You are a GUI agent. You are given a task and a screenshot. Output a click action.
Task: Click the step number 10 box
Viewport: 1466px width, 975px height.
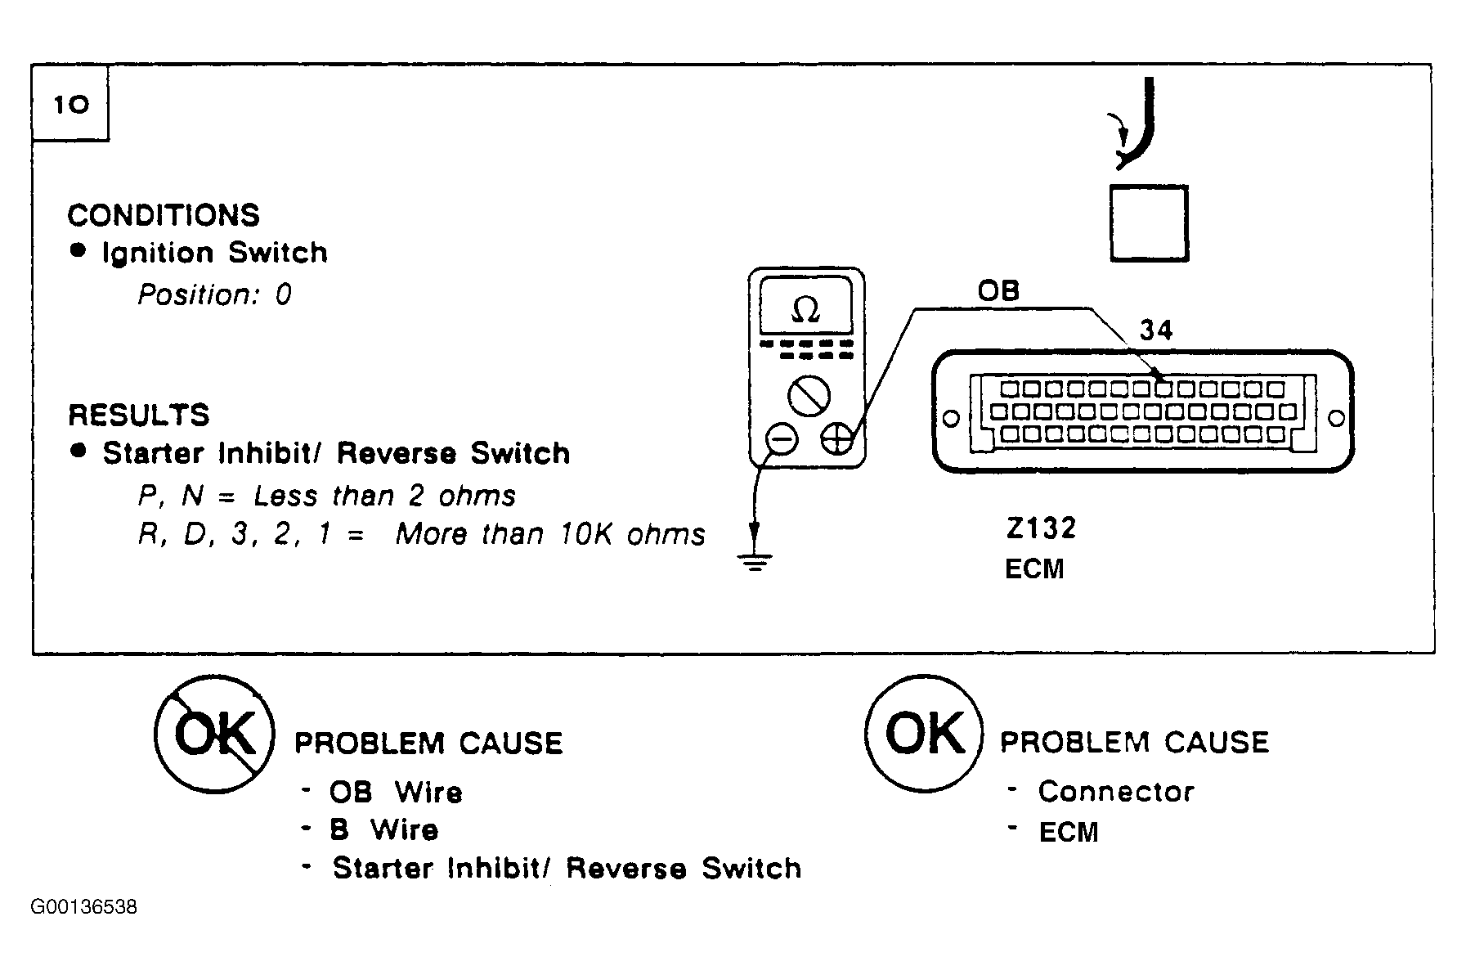pos(70,104)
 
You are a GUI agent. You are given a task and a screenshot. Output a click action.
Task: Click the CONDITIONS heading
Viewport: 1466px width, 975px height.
pos(164,215)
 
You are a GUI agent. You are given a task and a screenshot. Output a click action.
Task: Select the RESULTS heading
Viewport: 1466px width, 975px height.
pos(139,415)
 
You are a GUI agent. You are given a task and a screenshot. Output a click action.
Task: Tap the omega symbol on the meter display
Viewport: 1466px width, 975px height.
pos(806,310)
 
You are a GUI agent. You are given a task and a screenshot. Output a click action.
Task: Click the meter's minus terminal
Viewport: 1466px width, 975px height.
pos(781,440)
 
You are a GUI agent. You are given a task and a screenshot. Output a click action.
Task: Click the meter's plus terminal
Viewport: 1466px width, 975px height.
pos(836,440)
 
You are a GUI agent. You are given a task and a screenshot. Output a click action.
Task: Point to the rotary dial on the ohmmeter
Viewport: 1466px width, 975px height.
pos(809,398)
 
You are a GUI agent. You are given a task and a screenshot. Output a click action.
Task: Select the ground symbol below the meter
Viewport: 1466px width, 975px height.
pos(755,562)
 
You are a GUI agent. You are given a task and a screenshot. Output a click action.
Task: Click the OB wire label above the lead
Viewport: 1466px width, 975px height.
pos(998,290)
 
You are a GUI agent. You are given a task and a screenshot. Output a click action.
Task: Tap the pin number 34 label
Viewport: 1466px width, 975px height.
pos(1156,330)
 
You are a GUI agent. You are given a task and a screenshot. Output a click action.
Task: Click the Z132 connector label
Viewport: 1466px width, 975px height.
pos(1041,528)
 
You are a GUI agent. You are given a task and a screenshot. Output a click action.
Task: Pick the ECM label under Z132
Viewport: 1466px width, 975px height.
pos(1034,568)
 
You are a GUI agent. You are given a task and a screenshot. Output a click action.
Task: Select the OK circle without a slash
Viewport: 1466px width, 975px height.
pos(924,734)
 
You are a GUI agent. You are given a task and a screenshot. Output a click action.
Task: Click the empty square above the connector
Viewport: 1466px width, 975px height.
pos(1149,223)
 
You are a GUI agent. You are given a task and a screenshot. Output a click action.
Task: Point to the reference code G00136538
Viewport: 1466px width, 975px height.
pos(84,907)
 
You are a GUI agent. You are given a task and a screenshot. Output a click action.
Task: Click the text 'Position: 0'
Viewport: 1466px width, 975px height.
pos(214,294)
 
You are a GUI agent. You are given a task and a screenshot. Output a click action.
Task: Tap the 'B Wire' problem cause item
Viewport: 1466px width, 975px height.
pos(384,829)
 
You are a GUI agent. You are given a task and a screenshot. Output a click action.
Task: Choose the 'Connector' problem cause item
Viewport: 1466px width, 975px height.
pos(1116,791)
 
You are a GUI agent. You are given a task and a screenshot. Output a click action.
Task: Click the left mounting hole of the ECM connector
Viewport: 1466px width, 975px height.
pos(951,419)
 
